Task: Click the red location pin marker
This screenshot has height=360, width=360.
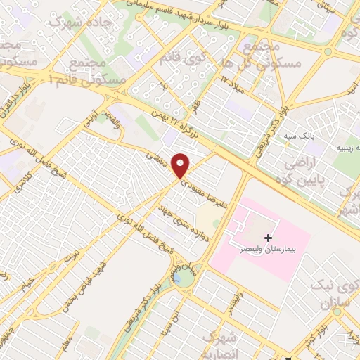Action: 181,165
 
